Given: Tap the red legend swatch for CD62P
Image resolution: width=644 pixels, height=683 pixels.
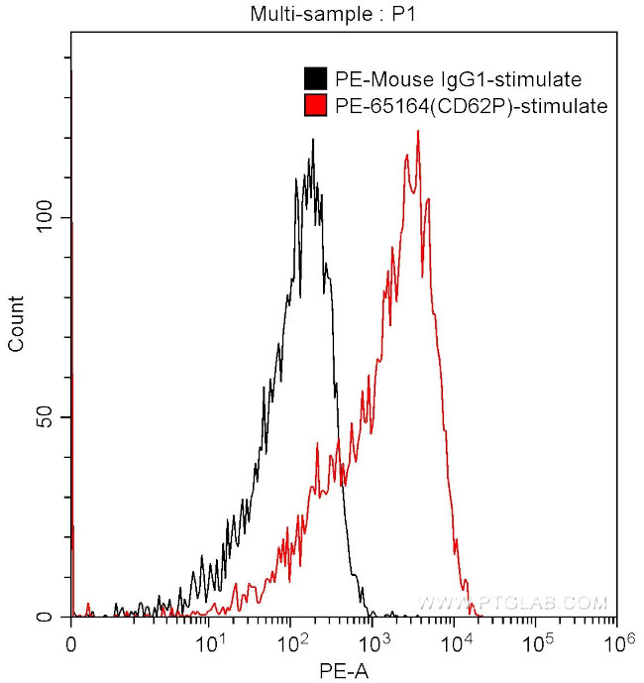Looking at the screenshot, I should coord(315,105).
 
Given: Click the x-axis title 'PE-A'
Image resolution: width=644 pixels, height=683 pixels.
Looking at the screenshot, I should coord(343,671).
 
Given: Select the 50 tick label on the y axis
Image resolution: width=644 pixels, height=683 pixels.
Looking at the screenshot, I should coord(48,417).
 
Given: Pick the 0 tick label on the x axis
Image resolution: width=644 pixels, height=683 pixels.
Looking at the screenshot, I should coord(71,643).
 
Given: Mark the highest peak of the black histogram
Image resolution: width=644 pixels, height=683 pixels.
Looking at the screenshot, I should coord(313,140).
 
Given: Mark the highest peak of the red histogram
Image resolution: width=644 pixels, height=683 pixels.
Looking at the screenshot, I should coord(418,132).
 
